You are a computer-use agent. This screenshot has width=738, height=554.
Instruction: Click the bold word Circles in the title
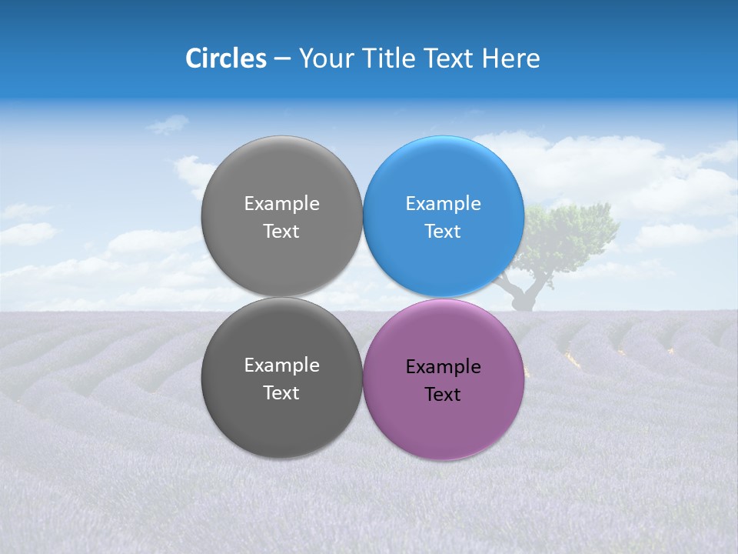226,58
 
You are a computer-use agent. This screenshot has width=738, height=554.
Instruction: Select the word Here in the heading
510,58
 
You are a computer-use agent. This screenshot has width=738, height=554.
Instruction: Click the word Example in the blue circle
443,204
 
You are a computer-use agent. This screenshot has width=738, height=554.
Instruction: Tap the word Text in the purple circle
443,395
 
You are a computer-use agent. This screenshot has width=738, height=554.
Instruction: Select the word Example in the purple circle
443,367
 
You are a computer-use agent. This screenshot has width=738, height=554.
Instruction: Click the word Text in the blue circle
443,232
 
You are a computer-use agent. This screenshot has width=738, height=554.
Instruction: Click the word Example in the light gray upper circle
281,204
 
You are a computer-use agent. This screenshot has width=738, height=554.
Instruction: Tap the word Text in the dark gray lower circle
281,393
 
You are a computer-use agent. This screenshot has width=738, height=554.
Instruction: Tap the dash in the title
282,58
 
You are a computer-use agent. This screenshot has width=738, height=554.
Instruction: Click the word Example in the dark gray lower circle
281,365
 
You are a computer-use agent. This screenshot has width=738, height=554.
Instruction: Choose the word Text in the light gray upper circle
281,232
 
